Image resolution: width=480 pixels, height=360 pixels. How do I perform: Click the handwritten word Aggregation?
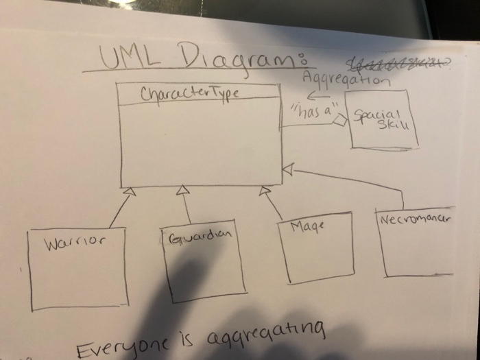346,80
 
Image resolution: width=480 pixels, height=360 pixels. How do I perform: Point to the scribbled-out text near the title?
398,64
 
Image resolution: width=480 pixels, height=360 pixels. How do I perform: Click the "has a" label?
307,112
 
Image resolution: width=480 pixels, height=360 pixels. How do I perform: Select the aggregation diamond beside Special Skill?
338,121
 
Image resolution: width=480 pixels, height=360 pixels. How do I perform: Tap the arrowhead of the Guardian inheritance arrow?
182,190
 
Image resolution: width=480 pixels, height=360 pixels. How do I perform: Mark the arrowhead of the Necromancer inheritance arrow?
288,168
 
